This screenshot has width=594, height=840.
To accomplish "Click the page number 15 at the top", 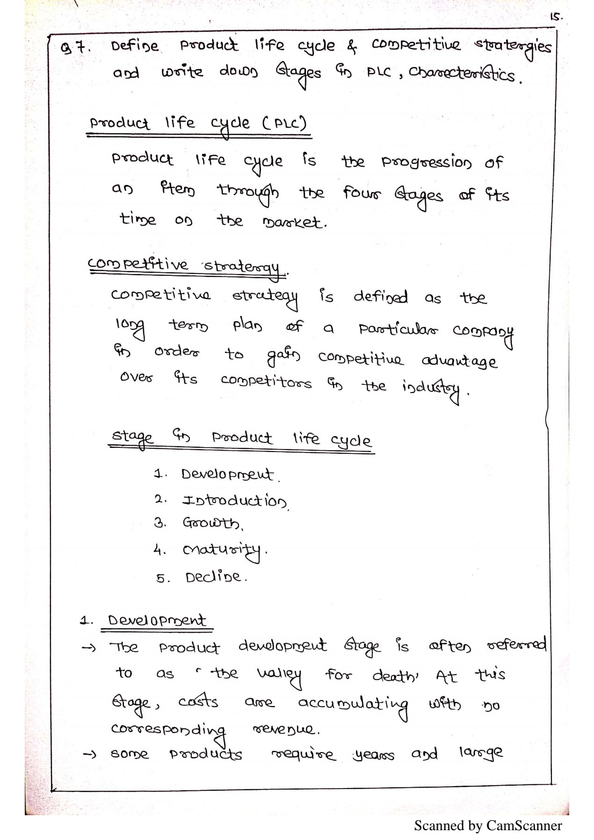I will point(556,17).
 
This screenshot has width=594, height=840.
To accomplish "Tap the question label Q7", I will point(75,47).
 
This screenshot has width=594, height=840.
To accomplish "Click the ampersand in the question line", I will point(352,46).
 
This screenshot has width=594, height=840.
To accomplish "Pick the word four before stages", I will point(362,193).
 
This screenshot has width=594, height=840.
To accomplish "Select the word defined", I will point(380,297).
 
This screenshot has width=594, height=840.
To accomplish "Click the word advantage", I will point(459,361).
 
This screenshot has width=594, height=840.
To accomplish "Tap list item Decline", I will point(214,577).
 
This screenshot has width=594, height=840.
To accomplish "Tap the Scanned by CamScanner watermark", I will point(488,826).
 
